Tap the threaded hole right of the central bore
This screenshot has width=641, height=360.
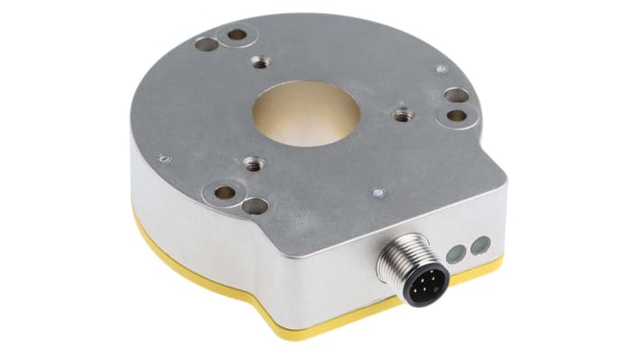(402, 115)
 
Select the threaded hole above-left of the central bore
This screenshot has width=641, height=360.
(261, 61)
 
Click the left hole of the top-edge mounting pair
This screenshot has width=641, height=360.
(207, 42)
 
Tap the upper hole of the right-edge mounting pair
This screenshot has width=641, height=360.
(454, 95)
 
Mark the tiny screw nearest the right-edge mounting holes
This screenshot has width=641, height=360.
(440, 69)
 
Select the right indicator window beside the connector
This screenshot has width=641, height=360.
(481, 244)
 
